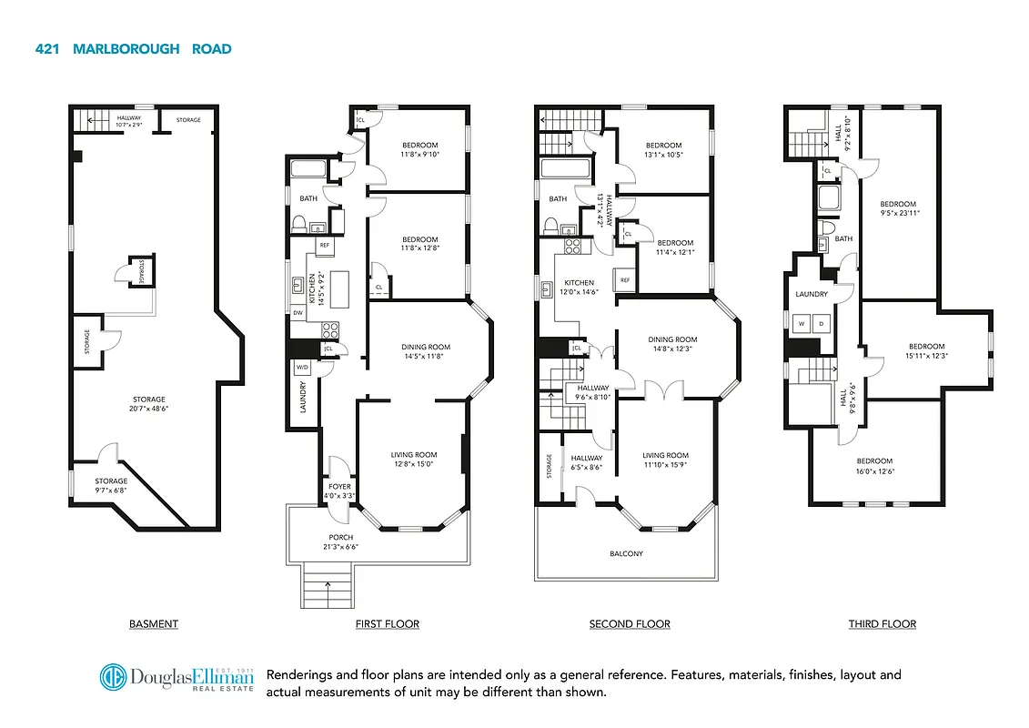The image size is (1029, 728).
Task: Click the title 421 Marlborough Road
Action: click(133, 49)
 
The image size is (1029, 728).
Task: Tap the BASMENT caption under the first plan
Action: click(153, 624)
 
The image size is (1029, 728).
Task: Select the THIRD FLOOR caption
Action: click(882, 624)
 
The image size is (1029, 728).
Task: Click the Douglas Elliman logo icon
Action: click(113, 679)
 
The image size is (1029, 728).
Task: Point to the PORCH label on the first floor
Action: click(341, 538)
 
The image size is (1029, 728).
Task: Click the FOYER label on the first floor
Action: click(339, 487)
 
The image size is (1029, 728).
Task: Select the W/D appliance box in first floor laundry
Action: click(302, 368)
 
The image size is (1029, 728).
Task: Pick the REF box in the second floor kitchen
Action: click(625, 280)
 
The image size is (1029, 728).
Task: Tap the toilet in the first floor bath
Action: click(298, 224)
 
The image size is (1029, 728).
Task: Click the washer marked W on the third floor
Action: click(802, 323)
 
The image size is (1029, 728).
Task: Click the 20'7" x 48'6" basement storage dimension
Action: click(148, 409)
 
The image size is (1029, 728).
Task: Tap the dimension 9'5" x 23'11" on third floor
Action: click(898, 214)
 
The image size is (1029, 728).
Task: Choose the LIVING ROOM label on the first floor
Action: click(414, 455)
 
